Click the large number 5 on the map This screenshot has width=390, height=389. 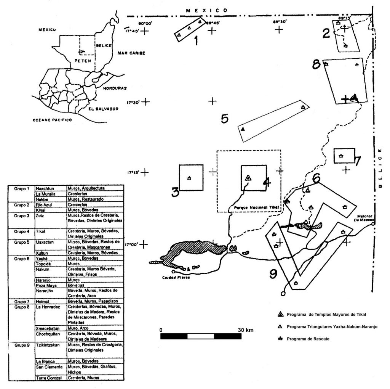225,119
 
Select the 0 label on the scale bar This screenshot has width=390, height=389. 161,329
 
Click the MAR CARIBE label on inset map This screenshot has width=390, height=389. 131,53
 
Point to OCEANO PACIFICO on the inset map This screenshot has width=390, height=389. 52,119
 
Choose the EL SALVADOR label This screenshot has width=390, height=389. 103,109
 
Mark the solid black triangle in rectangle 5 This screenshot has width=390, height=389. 243,129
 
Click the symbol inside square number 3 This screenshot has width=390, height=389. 189,178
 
